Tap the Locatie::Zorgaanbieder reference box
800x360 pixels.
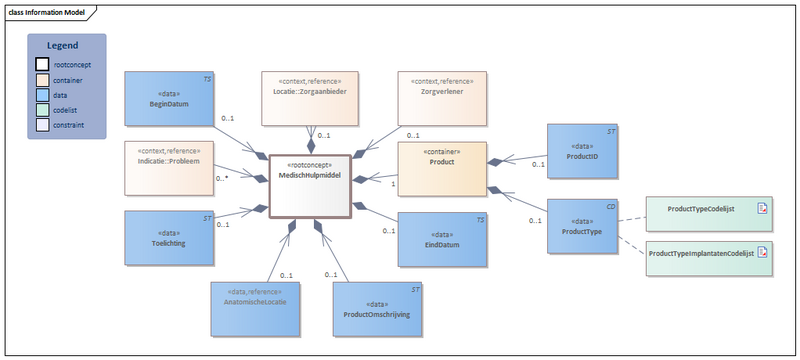pos(310,97)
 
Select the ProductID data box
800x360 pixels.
pos(582,152)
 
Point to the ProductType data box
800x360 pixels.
pos(582,225)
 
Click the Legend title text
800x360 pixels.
pos(66,46)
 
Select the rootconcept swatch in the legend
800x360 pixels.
pos(41,65)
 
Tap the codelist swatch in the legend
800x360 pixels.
pos(41,110)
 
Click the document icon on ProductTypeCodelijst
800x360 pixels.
pos(761,209)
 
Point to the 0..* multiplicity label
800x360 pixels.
pos(223,178)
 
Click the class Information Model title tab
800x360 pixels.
pos(50,12)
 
